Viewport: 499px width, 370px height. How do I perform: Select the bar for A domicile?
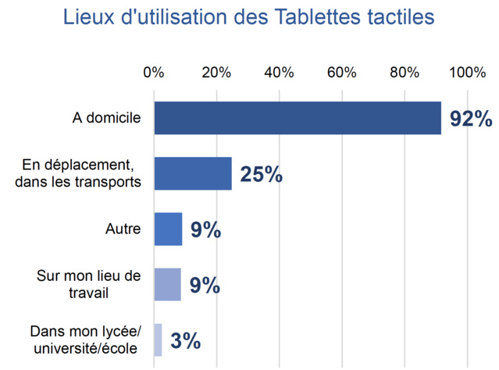pyautogui.click(x=298, y=118)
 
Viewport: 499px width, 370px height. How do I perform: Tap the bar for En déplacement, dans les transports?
pyautogui.click(x=193, y=173)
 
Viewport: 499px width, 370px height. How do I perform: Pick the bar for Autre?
pyautogui.click(x=168, y=229)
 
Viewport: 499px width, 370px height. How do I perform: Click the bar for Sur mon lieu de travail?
pyautogui.click(x=167, y=284)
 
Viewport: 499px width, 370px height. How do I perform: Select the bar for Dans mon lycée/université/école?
pyautogui.click(x=159, y=340)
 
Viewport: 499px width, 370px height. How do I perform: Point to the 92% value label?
pyautogui.click(x=471, y=119)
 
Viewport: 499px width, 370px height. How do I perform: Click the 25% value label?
pyautogui.click(x=261, y=174)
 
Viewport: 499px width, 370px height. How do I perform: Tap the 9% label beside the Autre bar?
pyautogui.click(x=205, y=230)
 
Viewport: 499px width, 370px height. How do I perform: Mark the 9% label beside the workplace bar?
pyautogui.click(x=205, y=285)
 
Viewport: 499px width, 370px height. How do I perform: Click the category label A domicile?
pyautogui.click(x=106, y=118)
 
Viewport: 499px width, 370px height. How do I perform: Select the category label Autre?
pyautogui.click(x=123, y=229)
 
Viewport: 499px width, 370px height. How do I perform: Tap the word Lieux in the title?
pyautogui.click(x=89, y=17)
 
